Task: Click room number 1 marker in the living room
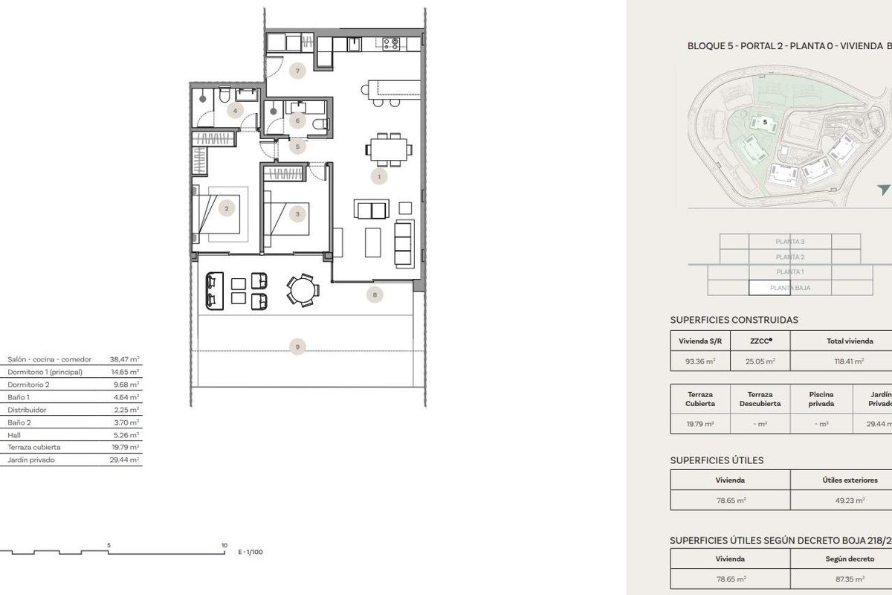(379, 176)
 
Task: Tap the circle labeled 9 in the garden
(297, 346)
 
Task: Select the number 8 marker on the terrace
(375, 295)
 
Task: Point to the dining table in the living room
(389, 149)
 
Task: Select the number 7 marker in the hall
(297, 71)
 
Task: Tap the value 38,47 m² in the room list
(124, 358)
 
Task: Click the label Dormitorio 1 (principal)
(45, 371)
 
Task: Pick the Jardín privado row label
(31, 460)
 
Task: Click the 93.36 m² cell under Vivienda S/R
(700, 361)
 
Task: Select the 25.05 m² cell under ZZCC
(760, 361)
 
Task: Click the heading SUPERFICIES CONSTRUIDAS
(734, 320)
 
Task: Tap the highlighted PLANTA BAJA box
(789, 288)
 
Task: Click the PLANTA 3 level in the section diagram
(789, 241)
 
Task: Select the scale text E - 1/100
(251, 553)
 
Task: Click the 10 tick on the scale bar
(224, 545)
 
